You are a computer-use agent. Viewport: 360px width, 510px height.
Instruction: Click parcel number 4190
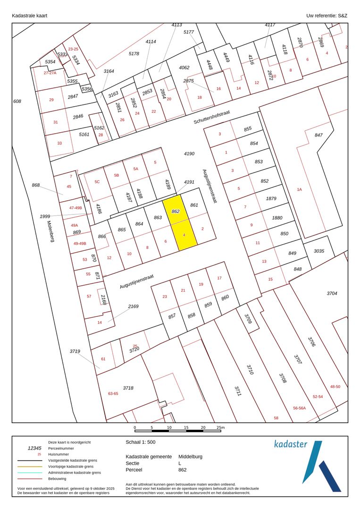tap(189, 153)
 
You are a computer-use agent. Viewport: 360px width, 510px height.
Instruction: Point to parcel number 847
tap(318, 135)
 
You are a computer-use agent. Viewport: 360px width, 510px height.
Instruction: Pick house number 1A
tap(299, 189)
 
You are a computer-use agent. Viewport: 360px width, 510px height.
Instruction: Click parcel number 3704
tap(332, 293)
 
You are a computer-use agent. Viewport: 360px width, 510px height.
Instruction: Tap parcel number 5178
tap(134, 54)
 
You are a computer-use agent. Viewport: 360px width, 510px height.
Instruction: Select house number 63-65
tap(113, 393)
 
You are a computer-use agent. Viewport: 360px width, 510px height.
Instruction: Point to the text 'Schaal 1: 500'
tap(141, 442)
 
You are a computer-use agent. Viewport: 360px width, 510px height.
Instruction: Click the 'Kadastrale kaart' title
tap(29, 16)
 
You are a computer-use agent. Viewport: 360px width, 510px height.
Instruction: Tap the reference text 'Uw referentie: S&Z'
tap(327, 16)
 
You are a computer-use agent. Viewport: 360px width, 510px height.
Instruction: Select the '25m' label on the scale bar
tap(221, 427)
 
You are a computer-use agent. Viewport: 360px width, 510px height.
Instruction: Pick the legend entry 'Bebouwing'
tap(59, 478)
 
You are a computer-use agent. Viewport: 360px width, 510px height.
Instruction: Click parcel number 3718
tap(128, 388)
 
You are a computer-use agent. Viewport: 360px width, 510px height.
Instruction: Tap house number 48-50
tap(335, 387)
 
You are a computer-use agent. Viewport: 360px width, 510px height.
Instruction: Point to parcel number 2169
tap(134, 306)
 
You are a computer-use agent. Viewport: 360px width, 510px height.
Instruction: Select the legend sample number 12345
tap(34, 448)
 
